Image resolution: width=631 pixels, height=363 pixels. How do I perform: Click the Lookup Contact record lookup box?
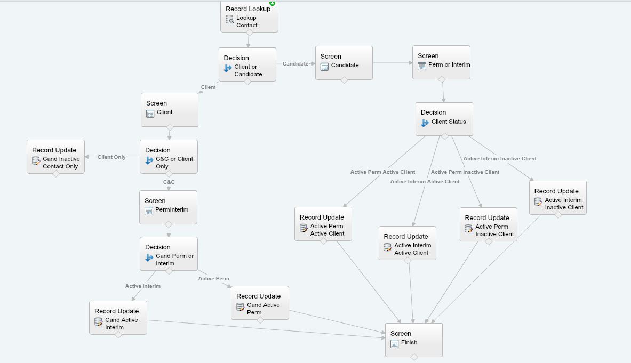pos(249,17)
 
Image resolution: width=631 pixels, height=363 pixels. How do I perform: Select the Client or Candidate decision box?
pos(247,64)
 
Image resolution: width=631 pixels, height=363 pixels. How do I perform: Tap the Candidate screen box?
pos(344,63)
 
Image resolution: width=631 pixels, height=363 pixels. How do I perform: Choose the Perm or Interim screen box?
pos(441,62)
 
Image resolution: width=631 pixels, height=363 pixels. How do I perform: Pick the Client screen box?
pos(169,110)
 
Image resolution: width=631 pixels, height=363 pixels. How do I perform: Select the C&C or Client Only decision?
pos(169,157)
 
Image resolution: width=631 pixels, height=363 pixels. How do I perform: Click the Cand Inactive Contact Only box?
pos(55,157)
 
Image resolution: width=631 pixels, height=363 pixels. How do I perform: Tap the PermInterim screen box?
pos(168,207)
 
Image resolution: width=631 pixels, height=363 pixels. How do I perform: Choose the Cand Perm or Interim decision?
pos(169,254)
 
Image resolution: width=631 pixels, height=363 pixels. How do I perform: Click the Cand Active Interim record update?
pos(118,318)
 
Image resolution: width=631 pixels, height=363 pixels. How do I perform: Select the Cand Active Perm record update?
pos(260,303)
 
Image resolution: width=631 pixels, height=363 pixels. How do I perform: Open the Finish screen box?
pos(413,340)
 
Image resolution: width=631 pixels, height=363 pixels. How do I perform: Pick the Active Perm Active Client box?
pos(323,224)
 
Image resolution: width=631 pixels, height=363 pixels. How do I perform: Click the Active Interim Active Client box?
pos(407,243)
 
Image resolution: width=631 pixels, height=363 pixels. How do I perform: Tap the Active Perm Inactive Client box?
pos(488,224)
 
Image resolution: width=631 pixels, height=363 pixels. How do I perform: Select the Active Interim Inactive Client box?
pos(557,198)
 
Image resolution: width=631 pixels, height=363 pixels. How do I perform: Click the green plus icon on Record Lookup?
pos(272,3)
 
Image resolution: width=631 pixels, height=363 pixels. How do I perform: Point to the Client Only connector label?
pos(111,157)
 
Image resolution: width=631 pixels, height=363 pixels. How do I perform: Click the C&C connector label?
pos(169,182)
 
